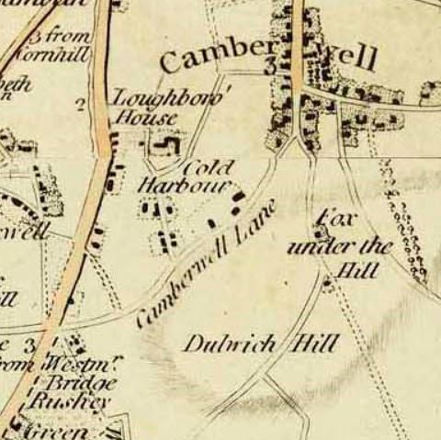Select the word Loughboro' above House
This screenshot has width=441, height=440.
tap(167, 96)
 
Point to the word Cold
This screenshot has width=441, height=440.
tap(208, 168)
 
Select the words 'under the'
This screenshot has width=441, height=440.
tap(339, 247)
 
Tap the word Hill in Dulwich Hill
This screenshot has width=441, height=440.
tap(313, 344)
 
